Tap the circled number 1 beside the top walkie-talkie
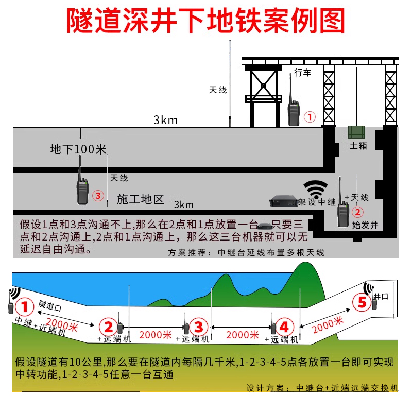point(310,117)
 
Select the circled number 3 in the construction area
point(98,196)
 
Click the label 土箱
point(358,146)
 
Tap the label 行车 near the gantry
point(303,73)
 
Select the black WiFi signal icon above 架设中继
point(315,188)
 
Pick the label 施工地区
point(140,199)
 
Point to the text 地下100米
point(78,150)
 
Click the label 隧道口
point(50,305)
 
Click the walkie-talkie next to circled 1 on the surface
point(293,107)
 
